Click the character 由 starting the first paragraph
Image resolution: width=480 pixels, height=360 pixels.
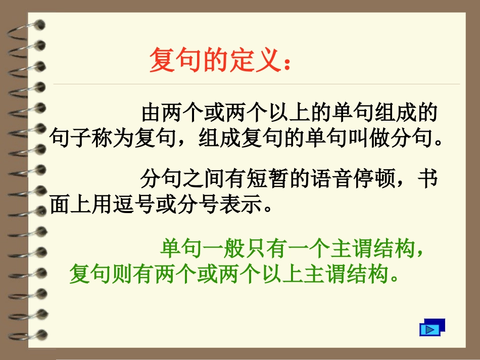coord(151,113)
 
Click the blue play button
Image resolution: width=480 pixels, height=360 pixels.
coord(430,329)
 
